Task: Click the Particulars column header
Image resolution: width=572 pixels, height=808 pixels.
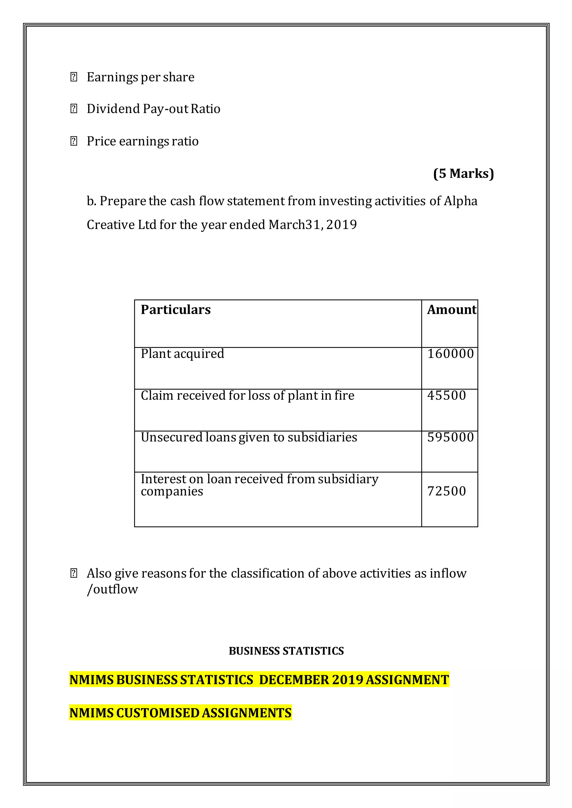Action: pos(175,310)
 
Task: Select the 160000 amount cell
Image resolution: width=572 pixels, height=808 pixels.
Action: pos(451,354)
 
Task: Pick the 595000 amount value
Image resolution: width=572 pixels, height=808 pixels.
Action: pos(451,437)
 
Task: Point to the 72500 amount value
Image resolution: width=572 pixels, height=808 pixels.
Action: pos(446,491)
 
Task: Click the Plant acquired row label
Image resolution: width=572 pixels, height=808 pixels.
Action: pos(182,354)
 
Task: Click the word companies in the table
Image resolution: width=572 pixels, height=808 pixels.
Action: pos(172,492)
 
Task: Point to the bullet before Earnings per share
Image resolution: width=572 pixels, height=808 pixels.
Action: pos(74,77)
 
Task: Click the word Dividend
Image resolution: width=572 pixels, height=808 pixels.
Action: pos(113,109)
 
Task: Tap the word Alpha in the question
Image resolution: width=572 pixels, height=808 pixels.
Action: pos(460,201)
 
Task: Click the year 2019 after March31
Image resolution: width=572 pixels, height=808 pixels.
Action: pos(341,225)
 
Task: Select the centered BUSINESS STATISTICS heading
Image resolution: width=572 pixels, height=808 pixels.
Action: pos(286,651)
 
